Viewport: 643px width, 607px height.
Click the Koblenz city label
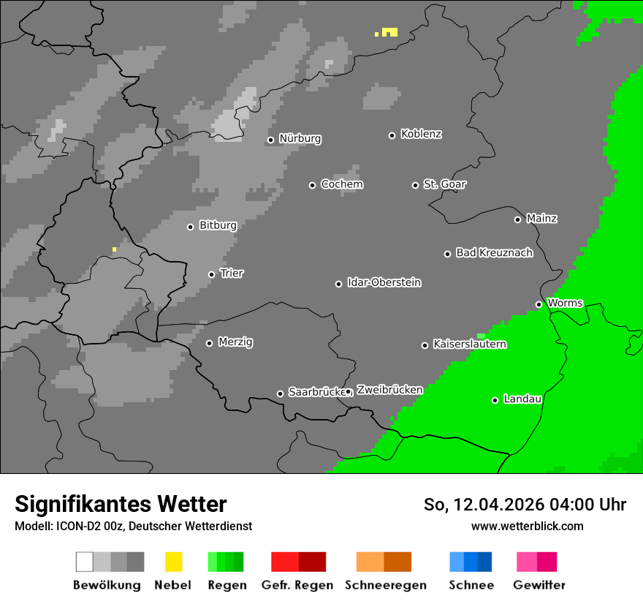pos(421,135)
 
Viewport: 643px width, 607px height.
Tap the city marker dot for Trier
pos(211,274)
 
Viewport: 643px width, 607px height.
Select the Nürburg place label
pos(300,139)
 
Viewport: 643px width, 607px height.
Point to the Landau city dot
pos(495,400)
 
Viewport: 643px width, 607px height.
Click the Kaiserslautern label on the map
pos(469,344)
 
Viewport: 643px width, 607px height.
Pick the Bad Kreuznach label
pos(494,253)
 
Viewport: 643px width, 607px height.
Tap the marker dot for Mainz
pos(517,219)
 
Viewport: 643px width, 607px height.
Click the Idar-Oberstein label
pos(384,283)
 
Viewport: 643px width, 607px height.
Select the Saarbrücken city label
pos(316,393)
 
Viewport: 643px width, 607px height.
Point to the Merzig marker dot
pos(209,343)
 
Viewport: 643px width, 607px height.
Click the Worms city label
pos(565,303)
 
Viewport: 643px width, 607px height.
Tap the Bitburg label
pos(218,226)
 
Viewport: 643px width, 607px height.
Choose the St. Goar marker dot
pos(415,185)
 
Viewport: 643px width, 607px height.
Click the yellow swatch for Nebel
pos(173,562)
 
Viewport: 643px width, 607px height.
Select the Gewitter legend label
pos(539,585)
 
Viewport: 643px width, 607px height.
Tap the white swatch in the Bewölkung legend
pos(85,562)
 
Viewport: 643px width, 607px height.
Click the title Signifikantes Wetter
pos(121,505)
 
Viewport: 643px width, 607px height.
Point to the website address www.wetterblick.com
pos(527,526)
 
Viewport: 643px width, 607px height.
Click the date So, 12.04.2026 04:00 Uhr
pos(525,505)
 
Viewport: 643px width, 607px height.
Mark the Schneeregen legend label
pos(385,585)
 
